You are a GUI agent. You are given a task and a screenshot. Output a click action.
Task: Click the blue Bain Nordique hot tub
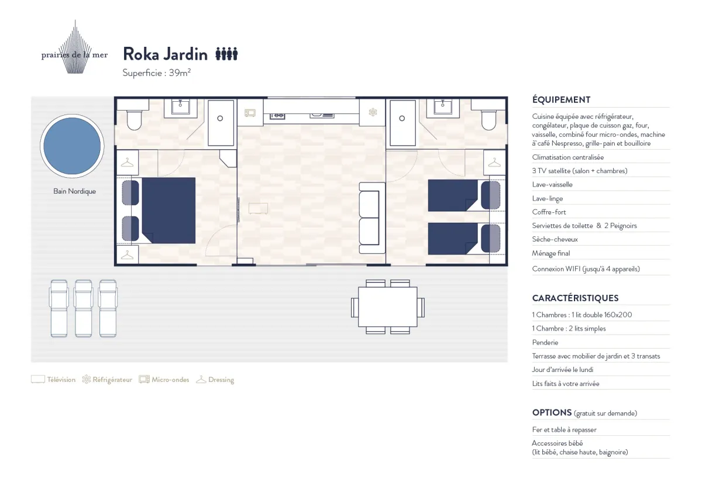(72, 146)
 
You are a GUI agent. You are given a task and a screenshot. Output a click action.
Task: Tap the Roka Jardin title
(165, 54)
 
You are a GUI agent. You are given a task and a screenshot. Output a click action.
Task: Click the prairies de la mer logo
(75, 47)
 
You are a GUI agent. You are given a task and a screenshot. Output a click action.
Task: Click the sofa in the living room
(372, 218)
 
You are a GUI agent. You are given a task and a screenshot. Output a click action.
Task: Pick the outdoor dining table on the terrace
(388, 306)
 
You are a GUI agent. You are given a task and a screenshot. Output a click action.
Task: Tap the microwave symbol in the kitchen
(250, 113)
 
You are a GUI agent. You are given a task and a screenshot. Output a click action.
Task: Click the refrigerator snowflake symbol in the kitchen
(373, 112)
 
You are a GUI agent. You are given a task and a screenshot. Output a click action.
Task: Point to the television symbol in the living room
(258, 208)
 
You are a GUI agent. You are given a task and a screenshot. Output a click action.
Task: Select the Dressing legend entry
(215, 380)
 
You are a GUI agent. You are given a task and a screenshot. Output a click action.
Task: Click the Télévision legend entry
(53, 380)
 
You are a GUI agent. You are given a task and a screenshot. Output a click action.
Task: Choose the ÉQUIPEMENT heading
(561, 100)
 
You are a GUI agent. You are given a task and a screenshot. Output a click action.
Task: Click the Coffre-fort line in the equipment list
(549, 212)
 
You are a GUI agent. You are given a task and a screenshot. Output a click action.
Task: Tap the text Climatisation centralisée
(568, 157)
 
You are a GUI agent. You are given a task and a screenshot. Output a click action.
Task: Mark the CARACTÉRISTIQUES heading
(576, 298)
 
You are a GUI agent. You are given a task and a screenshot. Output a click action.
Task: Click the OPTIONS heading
(552, 413)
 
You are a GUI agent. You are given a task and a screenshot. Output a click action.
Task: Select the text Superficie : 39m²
(157, 73)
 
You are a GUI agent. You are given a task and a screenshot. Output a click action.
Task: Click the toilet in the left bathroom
(134, 119)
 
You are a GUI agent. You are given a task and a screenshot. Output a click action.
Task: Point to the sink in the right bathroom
(442, 107)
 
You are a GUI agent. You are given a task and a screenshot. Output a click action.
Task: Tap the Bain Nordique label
(75, 191)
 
